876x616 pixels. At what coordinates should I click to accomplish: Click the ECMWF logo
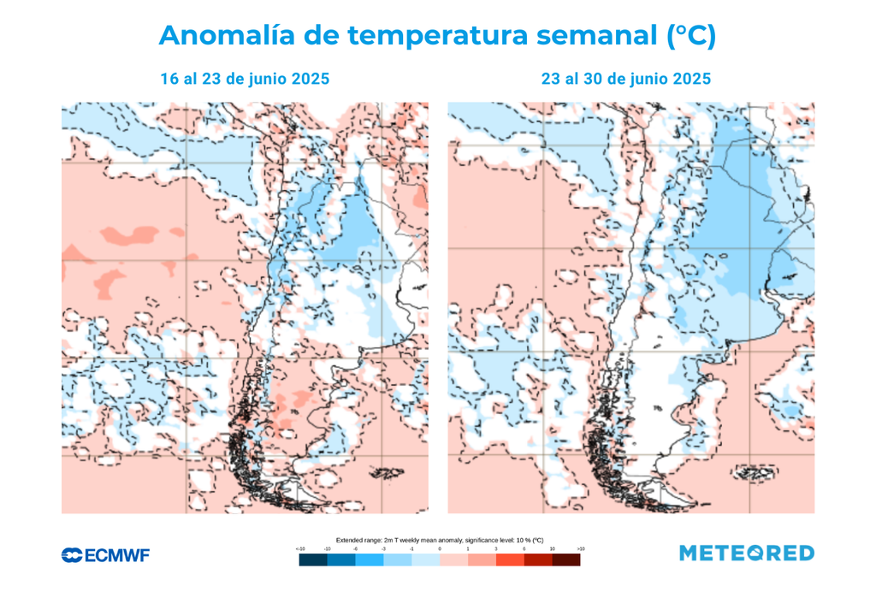105,555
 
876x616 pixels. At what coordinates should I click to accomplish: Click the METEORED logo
747,554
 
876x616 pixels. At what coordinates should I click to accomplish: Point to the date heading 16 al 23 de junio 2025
245,79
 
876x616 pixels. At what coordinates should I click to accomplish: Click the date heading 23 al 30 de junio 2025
625,79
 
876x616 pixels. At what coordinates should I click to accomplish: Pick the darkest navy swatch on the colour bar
312,560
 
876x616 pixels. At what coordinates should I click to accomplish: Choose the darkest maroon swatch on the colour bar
566,560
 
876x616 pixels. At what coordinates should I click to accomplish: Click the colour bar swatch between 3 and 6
510,560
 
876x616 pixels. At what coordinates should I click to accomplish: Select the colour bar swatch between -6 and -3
369,560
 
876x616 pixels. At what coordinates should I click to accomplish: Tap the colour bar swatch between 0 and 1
453,560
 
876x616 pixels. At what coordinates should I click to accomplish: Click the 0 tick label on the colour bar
440,548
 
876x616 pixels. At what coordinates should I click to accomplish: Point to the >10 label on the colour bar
581,548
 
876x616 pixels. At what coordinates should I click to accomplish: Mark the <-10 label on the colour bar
299,548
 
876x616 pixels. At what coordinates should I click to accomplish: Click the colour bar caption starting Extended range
440,540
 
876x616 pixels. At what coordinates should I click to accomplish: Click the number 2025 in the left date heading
310,79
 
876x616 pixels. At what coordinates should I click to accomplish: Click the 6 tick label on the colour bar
524,548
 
